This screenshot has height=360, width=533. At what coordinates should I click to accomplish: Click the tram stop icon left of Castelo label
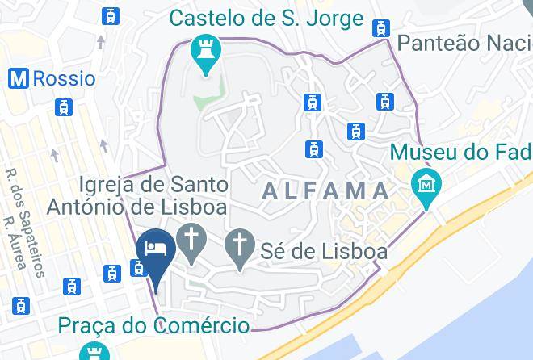(x=111, y=15)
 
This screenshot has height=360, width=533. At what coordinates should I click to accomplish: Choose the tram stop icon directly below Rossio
(x=62, y=107)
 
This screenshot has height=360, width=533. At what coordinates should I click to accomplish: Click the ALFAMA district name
(x=325, y=190)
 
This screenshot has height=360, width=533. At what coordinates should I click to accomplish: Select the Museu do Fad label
(x=460, y=152)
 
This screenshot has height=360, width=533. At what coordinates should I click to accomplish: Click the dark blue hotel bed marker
(x=153, y=249)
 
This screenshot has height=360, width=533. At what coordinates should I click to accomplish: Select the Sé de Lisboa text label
(x=324, y=252)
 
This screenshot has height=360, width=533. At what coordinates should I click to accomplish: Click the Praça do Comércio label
(x=153, y=326)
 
